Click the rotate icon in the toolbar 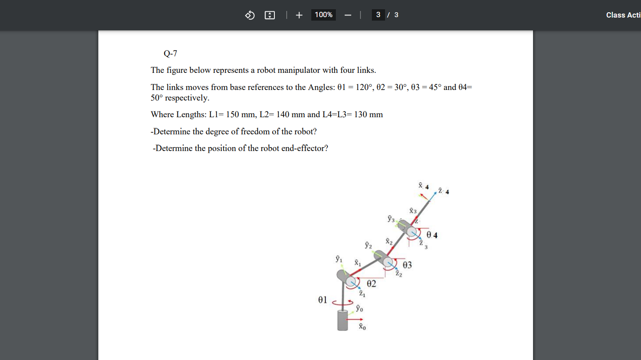click(x=250, y=15)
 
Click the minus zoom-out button click(x=348, y=15)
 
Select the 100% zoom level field click(x=324, y=15)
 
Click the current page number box click(x=378, y=15)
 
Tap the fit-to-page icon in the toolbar click(x=270, y=15)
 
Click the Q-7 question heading click(x=170, y=54)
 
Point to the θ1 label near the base click(x=323, y=300)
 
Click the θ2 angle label click(x=371, y=284)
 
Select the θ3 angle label click(x=407, y=265)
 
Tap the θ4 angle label click(x=432, y=235)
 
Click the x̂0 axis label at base click(x=362, y=326)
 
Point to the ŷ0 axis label click(x=360, y=308)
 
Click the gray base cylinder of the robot click(x=342, y=320)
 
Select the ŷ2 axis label click(x=368, y=245)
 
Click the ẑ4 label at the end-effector click(x=443, y=191)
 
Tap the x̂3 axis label click(x=413, y=211)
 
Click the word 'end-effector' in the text click(x=303, y=148)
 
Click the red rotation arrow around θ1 click(x=343, y=302)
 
